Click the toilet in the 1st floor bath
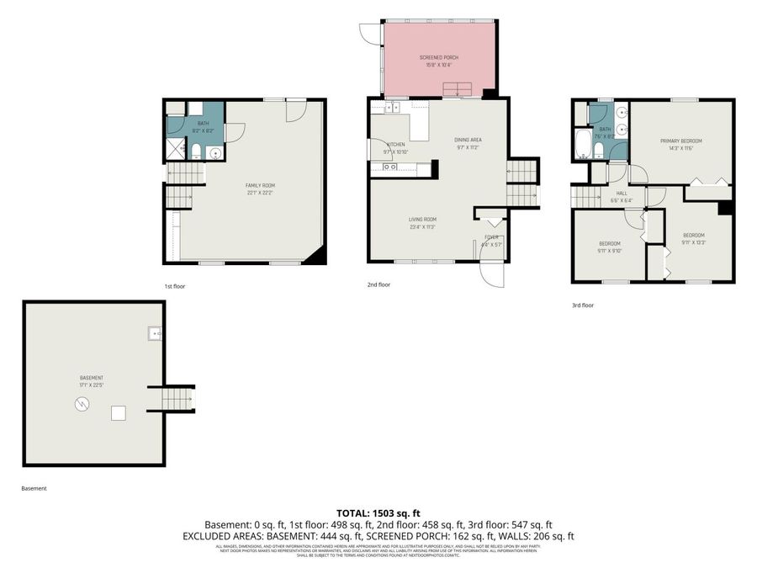point(196,151)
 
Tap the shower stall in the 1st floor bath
point(175,151)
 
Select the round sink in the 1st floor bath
point(214,153)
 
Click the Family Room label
point(260,185)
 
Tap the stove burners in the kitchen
point(389,167)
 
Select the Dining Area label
point(468,140)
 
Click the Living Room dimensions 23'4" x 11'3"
point(423,226)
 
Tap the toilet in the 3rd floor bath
point(598,150)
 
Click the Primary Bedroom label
point(680,141)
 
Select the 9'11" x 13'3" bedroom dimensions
point(693,242)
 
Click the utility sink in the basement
point(154,333)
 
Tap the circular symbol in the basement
point(81,405)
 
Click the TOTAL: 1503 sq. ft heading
point(378,512)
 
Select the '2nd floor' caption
point(378,284)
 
